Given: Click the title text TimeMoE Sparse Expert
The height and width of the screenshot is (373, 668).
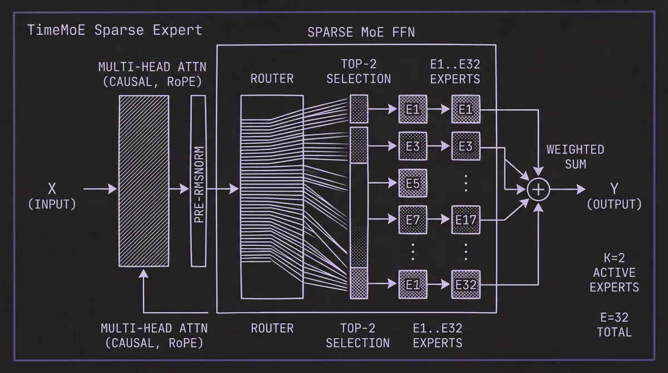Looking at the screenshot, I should click(115, 30).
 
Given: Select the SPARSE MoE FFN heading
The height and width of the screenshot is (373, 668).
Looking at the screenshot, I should click(361, 32).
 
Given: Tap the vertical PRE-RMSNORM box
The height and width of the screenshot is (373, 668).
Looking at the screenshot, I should click(199, 180).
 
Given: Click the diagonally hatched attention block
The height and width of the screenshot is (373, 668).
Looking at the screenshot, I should click(144, 180).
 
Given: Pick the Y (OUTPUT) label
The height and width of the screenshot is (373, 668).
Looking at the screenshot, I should click(614, 197).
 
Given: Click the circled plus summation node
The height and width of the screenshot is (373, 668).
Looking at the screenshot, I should click(538, 190).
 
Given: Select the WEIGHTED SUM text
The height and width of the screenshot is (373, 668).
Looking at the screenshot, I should click(575, 156).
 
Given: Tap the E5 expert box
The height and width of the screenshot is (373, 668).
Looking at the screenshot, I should click(412, 183).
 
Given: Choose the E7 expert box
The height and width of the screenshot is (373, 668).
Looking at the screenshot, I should click(412, 220).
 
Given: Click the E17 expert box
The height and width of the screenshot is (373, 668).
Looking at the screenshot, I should click(465, 220).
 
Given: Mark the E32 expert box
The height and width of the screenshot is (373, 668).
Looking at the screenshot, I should click(465, 284).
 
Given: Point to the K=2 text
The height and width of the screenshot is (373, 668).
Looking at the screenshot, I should click(614, 258).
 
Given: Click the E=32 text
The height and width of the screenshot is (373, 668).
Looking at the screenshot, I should click(614, 318).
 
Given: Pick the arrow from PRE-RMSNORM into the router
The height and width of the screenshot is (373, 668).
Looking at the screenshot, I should click(223, 190).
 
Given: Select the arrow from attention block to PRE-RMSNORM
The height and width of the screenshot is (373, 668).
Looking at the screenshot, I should click(179, 190).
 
